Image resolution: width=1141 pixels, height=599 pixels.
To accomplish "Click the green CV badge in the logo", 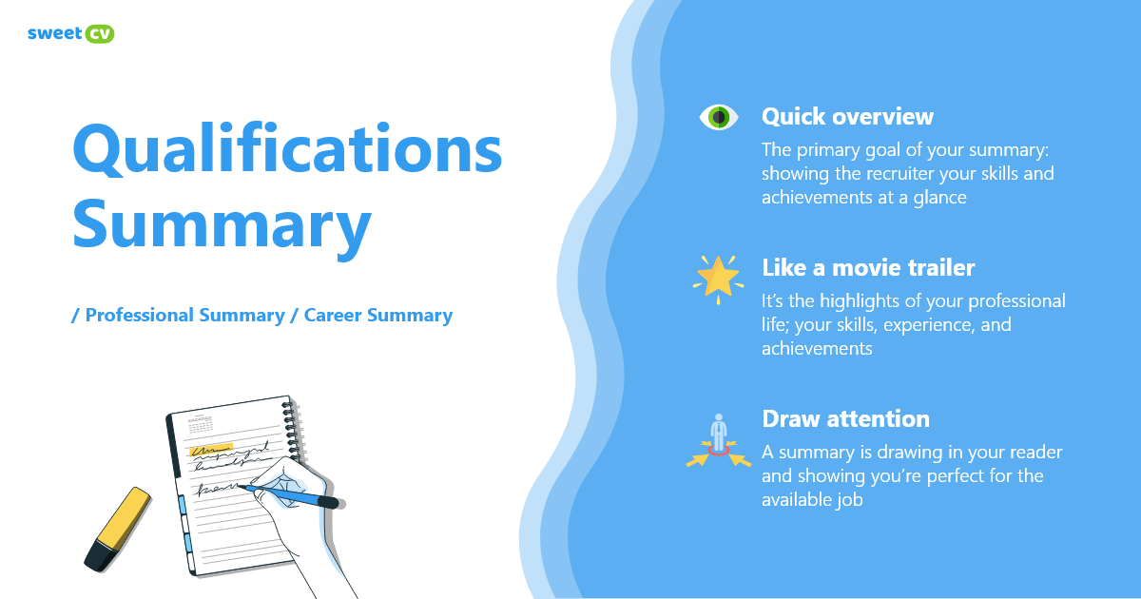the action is coord(99,33).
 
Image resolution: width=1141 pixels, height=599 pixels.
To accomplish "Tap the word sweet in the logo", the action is coord(54,33).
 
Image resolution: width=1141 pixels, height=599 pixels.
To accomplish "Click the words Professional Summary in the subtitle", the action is coord(184,316).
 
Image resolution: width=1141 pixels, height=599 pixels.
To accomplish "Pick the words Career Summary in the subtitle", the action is coord(378,316).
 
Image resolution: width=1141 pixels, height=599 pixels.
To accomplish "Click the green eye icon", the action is coord(719,117).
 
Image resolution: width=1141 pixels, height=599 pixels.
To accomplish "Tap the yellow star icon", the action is coord(718,280).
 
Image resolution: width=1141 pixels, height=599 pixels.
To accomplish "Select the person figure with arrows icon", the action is coord(719,441).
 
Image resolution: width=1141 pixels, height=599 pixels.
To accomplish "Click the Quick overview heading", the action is coord(847,117).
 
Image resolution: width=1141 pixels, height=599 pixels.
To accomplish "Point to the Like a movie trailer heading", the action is coord(868,268).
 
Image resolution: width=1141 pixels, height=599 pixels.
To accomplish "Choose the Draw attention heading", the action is coord(845,419).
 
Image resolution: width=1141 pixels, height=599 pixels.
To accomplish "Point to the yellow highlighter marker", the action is coord(118,530).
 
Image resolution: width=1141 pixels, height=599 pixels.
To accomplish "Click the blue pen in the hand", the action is coord(292,495).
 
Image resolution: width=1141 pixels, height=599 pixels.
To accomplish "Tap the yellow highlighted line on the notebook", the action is coord(211,451).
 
